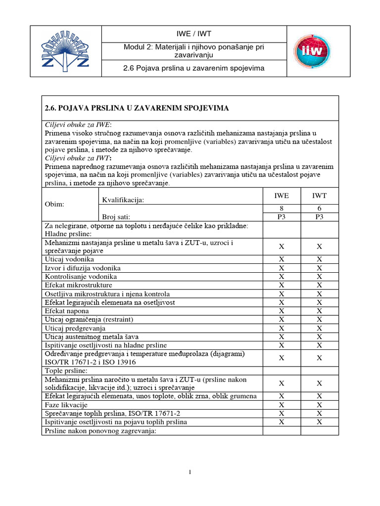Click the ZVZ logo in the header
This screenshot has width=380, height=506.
tap(65, 51)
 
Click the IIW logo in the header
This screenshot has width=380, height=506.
tap(312, 51)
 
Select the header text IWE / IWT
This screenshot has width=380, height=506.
tap(194, 34)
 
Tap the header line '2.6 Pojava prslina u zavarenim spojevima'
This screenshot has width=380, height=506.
tap(194, 68)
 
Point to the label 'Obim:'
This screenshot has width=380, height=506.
tap(54, 204)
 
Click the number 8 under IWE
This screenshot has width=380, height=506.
tap(282, 209)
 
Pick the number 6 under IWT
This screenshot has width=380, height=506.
tap(319, 209)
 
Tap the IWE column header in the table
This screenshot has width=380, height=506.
tap(282, 196)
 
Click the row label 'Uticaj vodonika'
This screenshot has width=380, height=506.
tap(69, 259)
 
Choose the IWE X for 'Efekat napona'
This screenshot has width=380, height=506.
tap(282, 311)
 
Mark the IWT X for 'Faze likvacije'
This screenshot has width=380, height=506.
tap(319, 405)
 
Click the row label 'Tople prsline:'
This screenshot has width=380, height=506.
tap(66, 370)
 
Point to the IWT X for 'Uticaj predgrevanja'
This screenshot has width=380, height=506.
tap(319, 328)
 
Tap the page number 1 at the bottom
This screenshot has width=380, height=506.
tap(190, 472)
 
